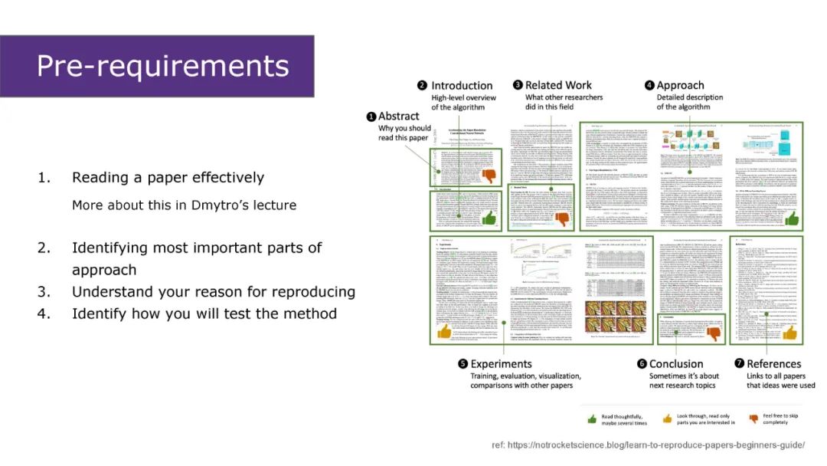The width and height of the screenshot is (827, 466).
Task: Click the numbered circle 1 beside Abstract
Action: (371, 116)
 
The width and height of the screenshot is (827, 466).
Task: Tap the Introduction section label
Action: (462, 86)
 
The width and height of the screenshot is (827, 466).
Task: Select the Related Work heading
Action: (558, 86)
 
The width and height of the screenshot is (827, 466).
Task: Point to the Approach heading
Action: (680, 86)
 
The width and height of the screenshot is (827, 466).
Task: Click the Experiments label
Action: (501, 364)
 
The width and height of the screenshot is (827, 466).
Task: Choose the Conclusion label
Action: (676, 364)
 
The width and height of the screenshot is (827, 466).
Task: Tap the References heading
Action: (774, 364)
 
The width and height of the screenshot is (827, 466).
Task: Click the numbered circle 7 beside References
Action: (739, 364)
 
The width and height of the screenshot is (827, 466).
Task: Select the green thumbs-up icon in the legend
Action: (591, 418)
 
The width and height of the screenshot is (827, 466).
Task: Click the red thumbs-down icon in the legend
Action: (753, 418)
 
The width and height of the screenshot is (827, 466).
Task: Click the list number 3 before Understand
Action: (44, 292)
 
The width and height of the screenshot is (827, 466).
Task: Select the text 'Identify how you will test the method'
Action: (204, 313)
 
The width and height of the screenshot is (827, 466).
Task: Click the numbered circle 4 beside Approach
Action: (649, 86)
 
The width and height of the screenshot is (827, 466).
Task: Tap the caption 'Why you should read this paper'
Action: (404, 133)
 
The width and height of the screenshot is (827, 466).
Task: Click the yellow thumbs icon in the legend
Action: (667, 418)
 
